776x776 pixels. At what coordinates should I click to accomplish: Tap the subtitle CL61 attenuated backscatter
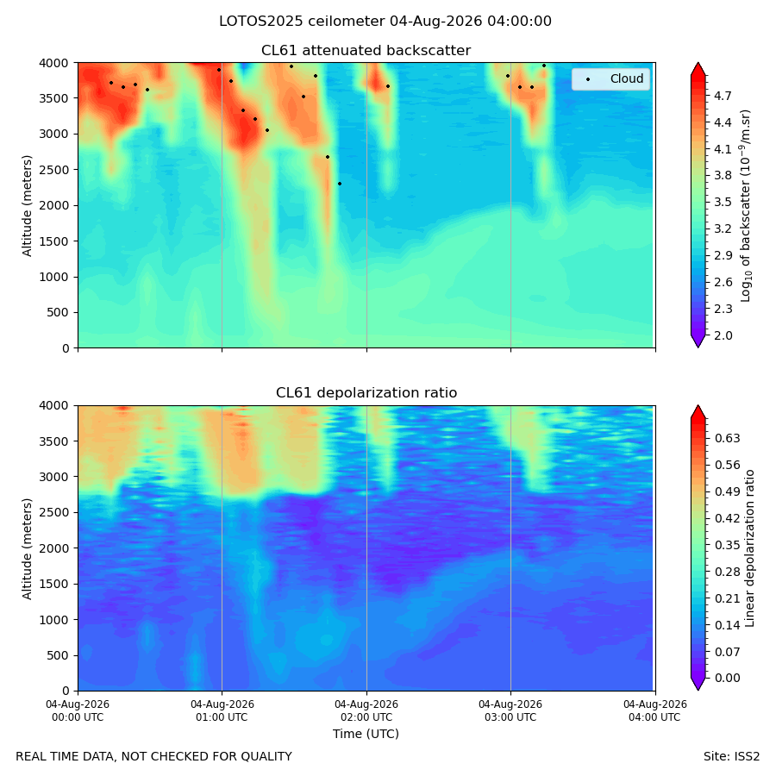click(x=366, y=51)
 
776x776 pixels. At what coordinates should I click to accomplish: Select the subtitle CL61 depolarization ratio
click(x=366, y=393)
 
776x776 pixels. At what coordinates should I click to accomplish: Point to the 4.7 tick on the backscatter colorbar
click(x=723, y=96)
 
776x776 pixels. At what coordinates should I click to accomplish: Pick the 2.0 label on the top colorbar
click(x=723, y=335)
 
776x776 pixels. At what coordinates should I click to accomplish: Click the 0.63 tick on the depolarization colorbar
click(x=727, y=439)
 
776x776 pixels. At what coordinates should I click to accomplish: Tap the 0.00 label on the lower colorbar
click(x=727, y=678)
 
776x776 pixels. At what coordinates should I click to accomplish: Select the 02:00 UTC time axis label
click(x=366, y=710)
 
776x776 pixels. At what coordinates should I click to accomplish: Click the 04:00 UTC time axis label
click(x=654, y=710)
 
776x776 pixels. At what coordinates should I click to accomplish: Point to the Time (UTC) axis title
click(x=366, y=734)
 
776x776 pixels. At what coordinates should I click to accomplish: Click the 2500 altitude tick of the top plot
click(x=54, y=170)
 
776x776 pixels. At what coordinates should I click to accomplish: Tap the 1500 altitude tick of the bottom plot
click(x=54, y=584)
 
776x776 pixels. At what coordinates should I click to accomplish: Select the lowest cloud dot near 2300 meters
click(x=340, y=185)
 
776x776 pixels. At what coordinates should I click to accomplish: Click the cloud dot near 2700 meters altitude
click(x=328, y=158)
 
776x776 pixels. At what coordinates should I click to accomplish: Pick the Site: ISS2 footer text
click(x=731, y=757)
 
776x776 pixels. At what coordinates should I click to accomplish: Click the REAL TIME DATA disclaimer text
click(x=154, y=757)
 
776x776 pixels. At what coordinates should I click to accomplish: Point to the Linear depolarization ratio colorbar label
click(x=750, y=548)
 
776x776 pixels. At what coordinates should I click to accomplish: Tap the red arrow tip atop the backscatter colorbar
click(x=698, y=63)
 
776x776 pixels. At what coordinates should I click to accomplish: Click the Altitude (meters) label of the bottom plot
click(x=28, y=548)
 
